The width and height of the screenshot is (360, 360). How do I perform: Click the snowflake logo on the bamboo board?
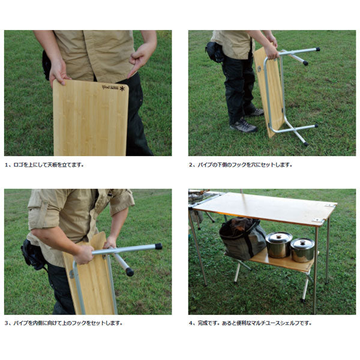(x=122, y=88)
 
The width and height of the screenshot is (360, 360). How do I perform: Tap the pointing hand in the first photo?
(x=140, y=59)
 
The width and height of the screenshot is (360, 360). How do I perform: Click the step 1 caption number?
(x=7, y=165)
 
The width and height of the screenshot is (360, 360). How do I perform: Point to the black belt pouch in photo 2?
(x=215, y=52)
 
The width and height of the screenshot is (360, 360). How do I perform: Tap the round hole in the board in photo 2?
(x=259, y=69)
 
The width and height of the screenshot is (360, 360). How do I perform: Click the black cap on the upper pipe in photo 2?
(x=318, y=49)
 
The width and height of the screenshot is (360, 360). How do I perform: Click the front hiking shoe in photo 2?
(x=244, y=125)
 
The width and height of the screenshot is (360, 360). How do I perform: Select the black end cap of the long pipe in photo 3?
(x=158, y=247)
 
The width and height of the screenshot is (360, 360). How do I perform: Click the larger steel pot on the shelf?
(x=279, y=245)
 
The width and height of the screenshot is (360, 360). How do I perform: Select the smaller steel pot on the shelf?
(x=302, y=250)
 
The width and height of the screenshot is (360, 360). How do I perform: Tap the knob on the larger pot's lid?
(x=279, y=236)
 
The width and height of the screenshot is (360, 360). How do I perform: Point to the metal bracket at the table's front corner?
(x=318, y=220)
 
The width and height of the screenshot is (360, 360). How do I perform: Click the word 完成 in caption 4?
(x=203, y=323)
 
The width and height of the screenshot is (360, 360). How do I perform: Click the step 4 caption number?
(x=191, y=323)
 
